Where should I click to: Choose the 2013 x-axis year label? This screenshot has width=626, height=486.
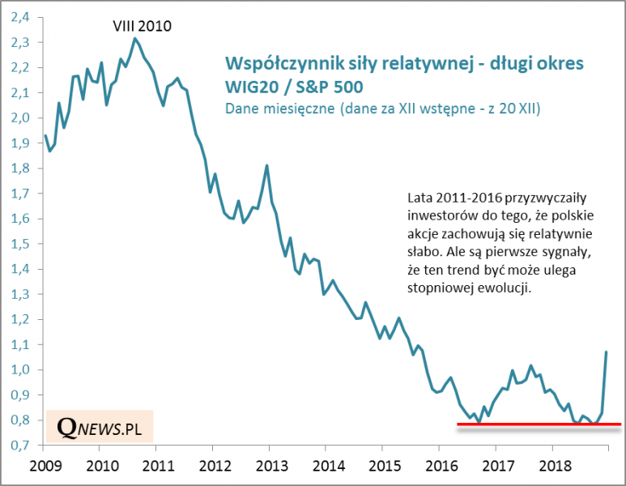click(x=269, y=467)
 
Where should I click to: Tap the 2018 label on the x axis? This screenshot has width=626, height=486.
click(x=551, y=467)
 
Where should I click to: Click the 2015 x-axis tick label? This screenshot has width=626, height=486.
click(x=382, y=467)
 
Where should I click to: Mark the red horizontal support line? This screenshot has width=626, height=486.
click(x=534, y=424)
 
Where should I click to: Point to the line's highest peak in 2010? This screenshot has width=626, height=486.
click(x=134, y=39)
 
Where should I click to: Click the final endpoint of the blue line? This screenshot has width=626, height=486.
click(x=607, y=352)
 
